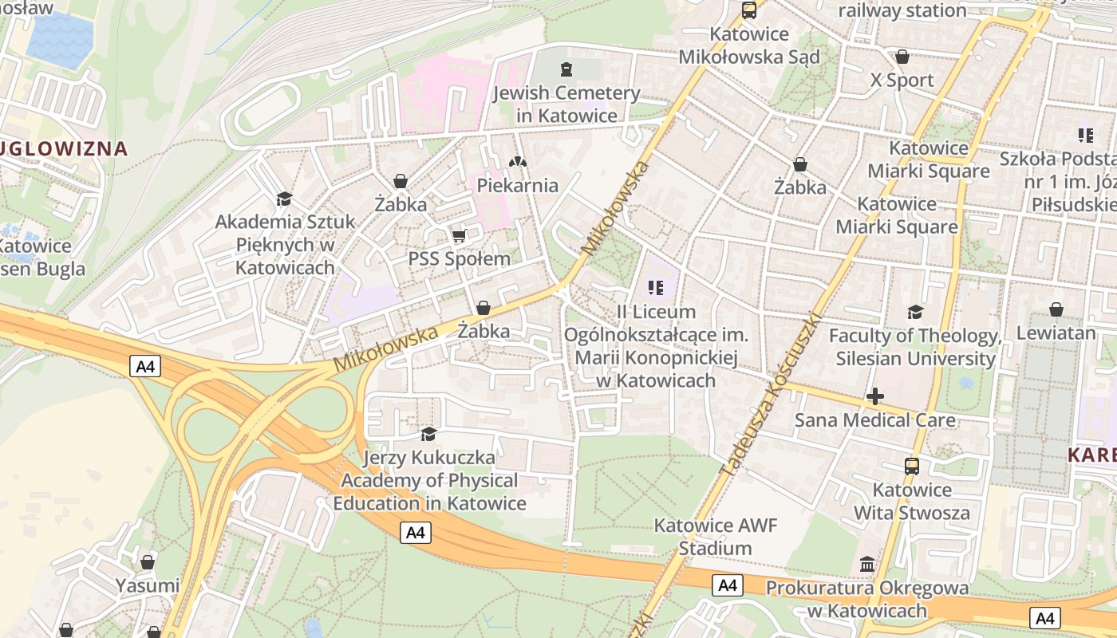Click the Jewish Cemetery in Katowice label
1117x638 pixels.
(x=566, y=104)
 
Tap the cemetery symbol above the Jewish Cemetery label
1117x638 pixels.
(x=566, y=69)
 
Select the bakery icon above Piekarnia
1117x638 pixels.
(x=518, y=161)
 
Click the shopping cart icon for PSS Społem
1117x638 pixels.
(x=459, y=235)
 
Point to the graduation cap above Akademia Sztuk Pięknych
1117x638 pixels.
(x=284, y=199)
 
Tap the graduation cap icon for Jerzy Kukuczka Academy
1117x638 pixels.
(x=428, y=434)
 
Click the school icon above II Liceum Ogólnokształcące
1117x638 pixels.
(x=656, y=287)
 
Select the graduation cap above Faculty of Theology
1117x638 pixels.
(x=915, y=312)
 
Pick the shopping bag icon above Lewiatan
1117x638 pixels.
(x=1056, y=309)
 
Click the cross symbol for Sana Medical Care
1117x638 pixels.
(x=875, y=396)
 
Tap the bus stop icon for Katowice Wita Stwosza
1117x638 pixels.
(x=912, y=467)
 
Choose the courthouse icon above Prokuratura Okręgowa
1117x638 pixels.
(x=867, y=565)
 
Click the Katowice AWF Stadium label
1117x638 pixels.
(x=715, y=537)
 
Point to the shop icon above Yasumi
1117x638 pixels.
(x=147, y=562)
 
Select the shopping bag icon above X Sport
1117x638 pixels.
(x=902, y=57)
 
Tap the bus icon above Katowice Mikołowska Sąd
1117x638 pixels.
(x=748, y=10)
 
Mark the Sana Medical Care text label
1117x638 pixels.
(x=874, y=419)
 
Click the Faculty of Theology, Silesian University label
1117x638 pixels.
(x=915, y=347)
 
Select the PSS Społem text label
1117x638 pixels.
(x=460, y=259)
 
